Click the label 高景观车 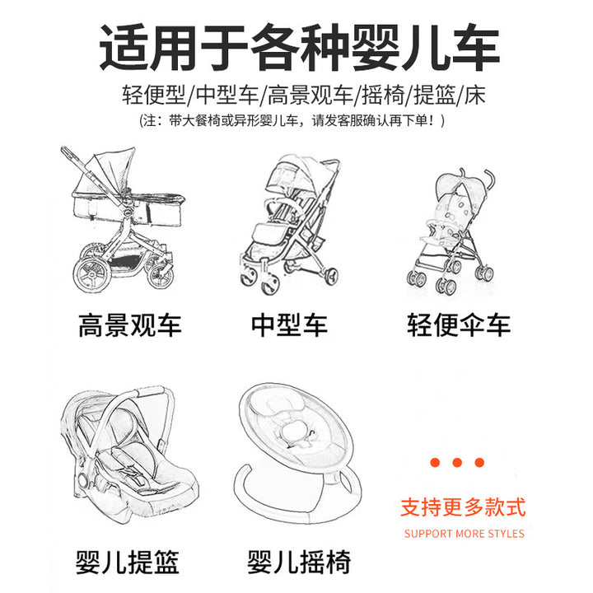point(130,325)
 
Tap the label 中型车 point(289,325)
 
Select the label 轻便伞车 point(459,325)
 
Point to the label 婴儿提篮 point(127,562)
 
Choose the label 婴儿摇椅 point(299,562)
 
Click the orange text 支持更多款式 point(463,507)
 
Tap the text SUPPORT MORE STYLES point(464,534)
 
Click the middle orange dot point(457,462)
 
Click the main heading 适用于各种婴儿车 point(300,48)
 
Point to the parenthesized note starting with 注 point(292,120)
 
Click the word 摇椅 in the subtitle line point(383,95)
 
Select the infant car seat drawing point(129,454)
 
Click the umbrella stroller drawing point(451,231)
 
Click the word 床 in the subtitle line point(474,95)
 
